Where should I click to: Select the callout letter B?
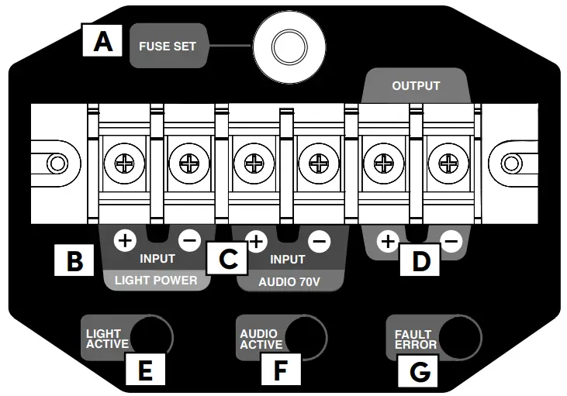pyautogui.click(x=75, y=261)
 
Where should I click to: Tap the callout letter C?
pyautogui.click(x=227, y=258)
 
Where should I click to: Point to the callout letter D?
pyautogui.click(x=420, y=261)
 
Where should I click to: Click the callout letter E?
pyautogui.click(x=144, y=370)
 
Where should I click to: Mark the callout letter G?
pyautogui.click(x=419, y=370)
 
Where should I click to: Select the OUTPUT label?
pyautogui.click(x=415, y=85)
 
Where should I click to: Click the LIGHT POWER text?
pyautogui.click(x=156, y=279)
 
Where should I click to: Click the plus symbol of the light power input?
pyautogui.click(x=123, y=239)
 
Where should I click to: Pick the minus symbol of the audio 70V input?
pyautogui.click(x=319, y=241)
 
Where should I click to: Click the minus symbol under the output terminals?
pyautogui.click(x=451, y=243)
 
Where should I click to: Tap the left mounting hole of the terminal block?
pyautogui.click(x=56, y=164)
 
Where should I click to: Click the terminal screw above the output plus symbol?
pyautogui.click(x=383, y=164)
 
